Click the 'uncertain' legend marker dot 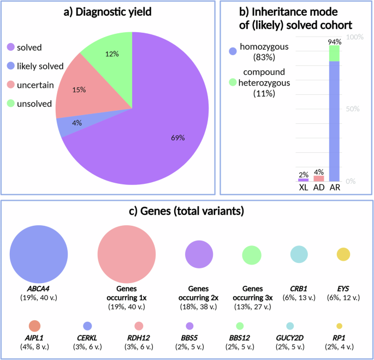pos(11,84)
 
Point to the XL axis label pos(303,187)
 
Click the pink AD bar pos(318,178)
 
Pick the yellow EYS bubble pos(343,254)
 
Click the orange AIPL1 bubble pos(34,326)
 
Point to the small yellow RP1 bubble pos(339,326)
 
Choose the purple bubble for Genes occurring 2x pos(199,254)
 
